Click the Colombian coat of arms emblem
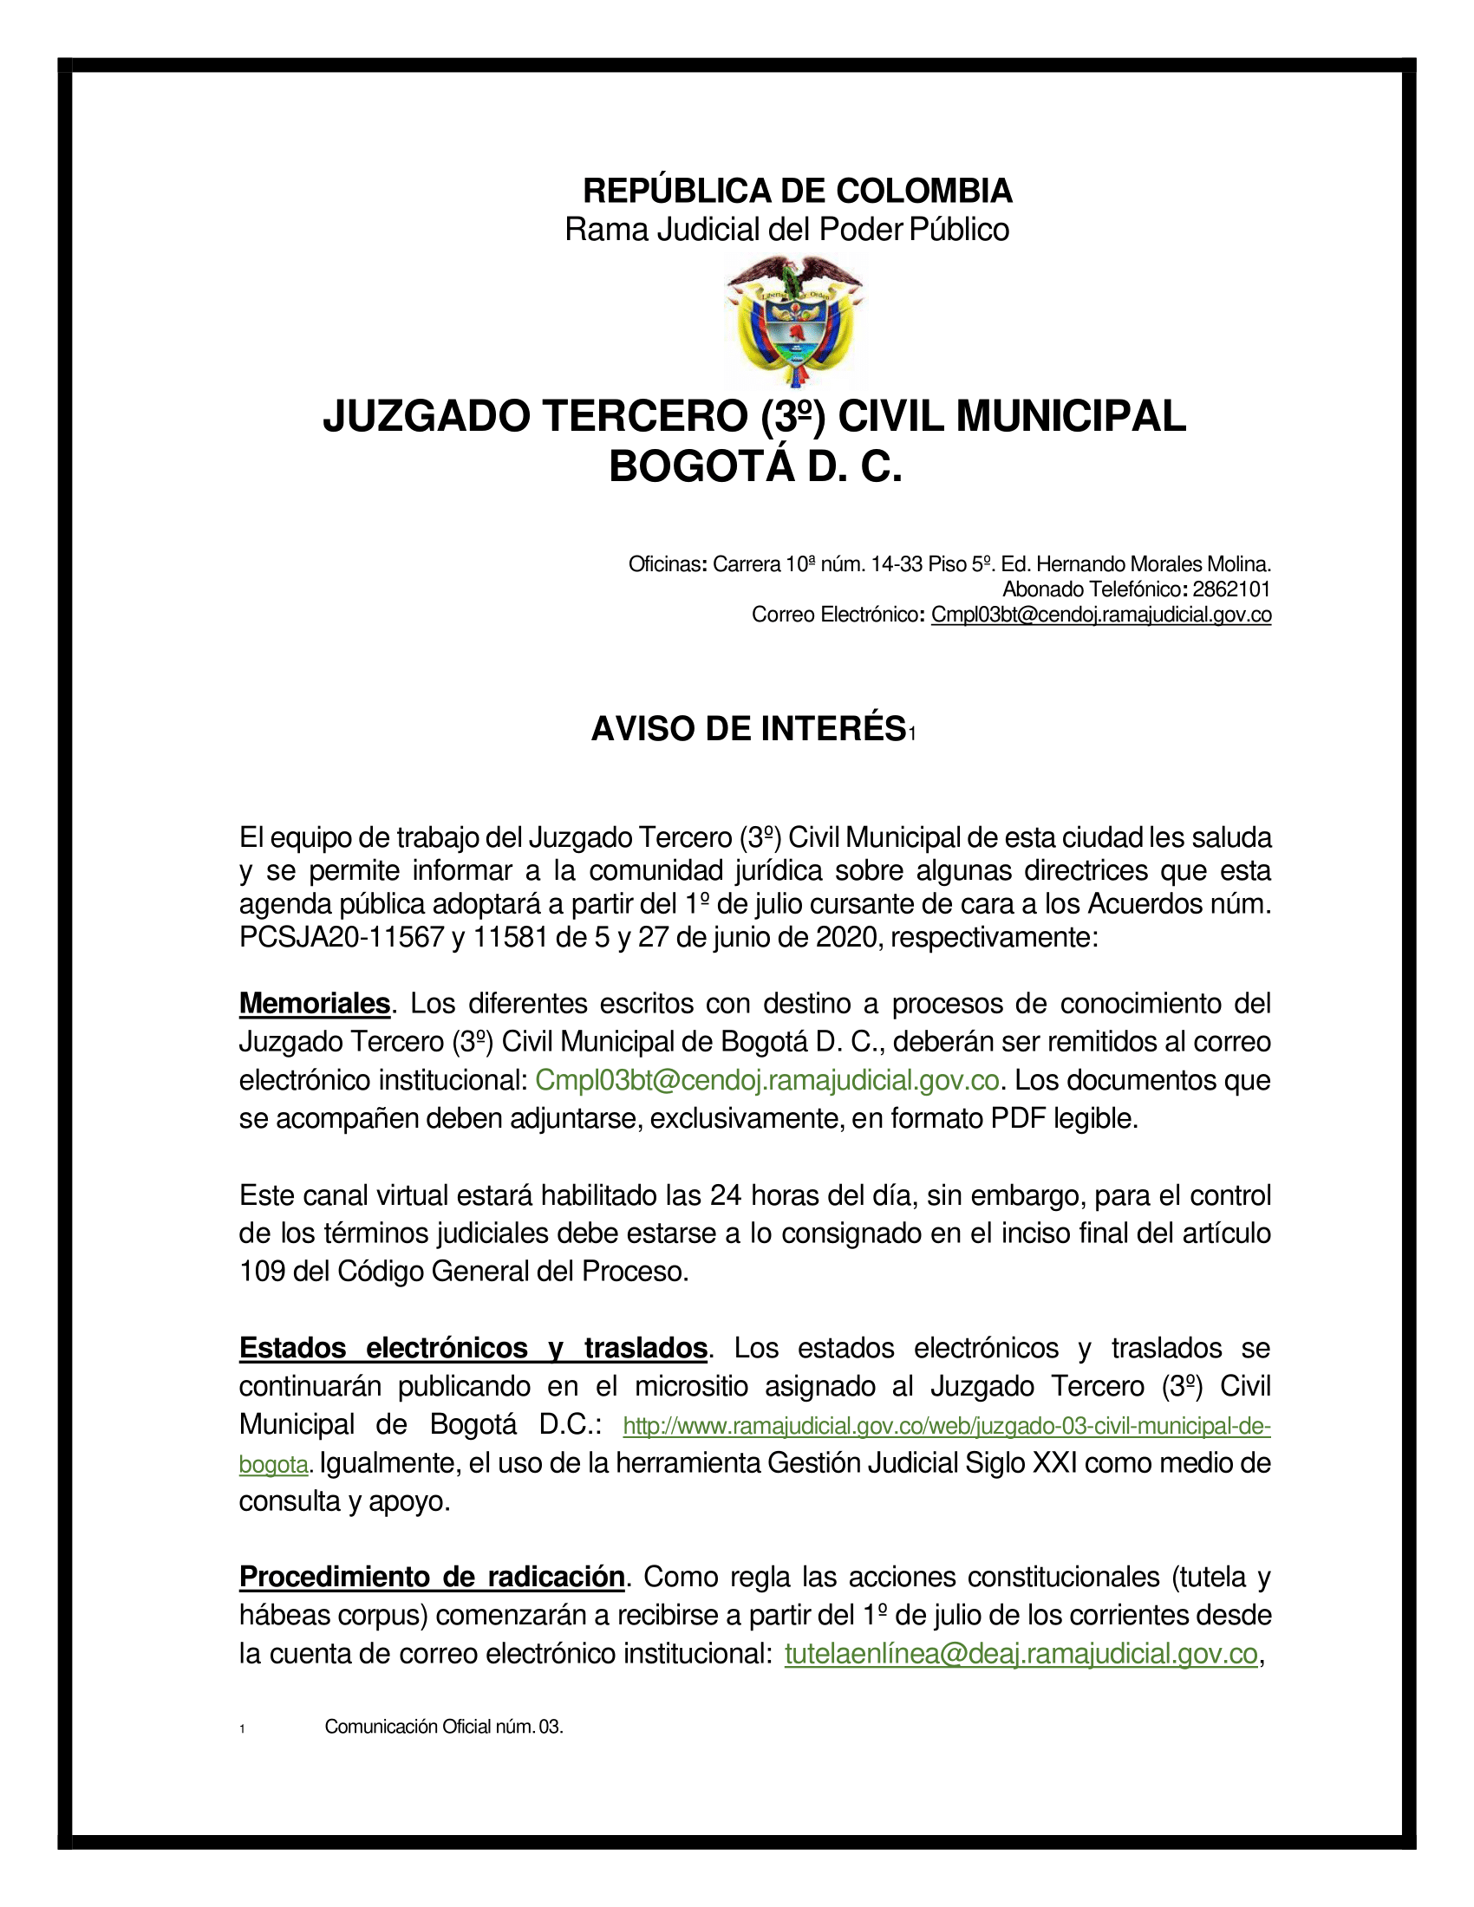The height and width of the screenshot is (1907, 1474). coord(793,321)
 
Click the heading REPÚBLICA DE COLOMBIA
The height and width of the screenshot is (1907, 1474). coord(797,191)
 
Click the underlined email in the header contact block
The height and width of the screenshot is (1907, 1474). coord(1100,615)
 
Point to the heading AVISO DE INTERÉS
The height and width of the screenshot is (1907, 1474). coord(748,729)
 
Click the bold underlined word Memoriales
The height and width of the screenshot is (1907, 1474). coord(315,1003)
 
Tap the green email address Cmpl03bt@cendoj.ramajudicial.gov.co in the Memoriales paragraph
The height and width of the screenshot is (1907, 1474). coord(766,1080)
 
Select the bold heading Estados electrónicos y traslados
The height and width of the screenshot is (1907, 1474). coord(473,1348)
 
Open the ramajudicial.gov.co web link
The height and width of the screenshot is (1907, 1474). coord(947,1426)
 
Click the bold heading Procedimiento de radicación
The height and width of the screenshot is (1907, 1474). coord(432,1577)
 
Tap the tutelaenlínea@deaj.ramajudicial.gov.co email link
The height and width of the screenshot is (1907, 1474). coord(1021,1654)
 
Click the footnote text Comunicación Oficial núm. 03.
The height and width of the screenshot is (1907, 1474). coord(444,1726)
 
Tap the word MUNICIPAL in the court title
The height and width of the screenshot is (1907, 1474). coord(1071,415)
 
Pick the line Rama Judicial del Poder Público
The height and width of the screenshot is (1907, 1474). coord(786,230)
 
